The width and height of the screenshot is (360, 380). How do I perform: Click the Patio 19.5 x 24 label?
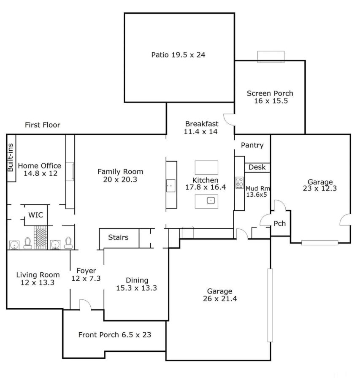click(178, 55)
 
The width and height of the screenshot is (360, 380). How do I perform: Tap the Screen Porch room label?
click(270, 97)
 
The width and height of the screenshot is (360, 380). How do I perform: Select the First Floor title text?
click(42, 125)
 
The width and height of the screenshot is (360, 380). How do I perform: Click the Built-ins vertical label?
click(11, 157)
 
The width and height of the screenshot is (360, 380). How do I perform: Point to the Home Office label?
click(39, 169)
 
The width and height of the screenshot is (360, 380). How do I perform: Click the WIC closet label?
click(35, 215)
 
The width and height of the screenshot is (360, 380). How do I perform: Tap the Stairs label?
click(118, 237)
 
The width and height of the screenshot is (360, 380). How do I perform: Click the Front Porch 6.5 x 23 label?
click(115, 335)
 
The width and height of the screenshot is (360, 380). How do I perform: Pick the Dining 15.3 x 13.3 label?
click(137, 284)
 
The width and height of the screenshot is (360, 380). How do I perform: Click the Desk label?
click(257, 167)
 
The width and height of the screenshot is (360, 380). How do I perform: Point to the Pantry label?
click(252, 145)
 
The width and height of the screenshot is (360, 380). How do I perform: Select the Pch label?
click(279, 223)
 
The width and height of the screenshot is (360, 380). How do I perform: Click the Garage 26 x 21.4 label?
click(219, 295)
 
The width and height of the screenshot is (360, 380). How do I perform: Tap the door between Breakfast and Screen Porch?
click(229, 119)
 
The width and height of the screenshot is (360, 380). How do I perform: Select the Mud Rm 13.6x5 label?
click(258, 191)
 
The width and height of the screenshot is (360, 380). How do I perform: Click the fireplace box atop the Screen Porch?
click(270, 57)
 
